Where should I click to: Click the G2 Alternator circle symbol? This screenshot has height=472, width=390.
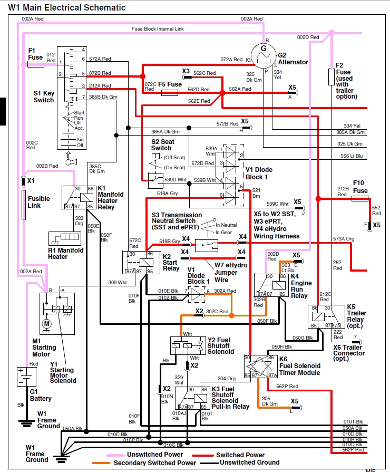click(267, 53)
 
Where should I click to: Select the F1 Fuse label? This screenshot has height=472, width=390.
click(36, 54)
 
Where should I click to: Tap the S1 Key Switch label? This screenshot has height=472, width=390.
click(44, 97)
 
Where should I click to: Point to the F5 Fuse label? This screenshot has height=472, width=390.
click(170, 84)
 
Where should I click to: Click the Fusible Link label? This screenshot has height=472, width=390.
click(38, 202)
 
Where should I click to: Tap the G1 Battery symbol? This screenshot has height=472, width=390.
click(26, 377)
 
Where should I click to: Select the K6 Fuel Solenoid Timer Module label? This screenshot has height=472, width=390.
click(299, 369)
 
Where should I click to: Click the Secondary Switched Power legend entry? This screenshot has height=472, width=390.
click(156, 463)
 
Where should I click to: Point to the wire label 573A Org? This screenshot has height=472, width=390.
click(344, 239)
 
